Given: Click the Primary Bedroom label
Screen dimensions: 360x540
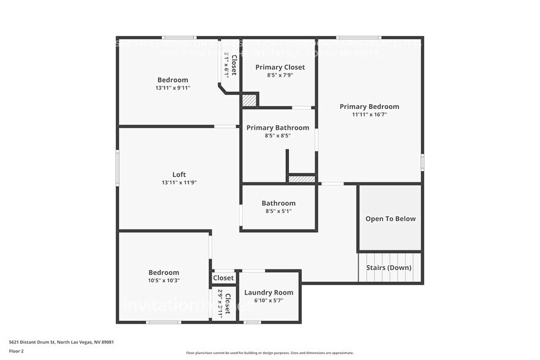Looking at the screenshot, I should tap(369, 107).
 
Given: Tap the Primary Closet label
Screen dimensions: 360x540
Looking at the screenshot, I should tap(280, 67).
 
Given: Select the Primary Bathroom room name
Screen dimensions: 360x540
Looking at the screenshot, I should tap(277, 128).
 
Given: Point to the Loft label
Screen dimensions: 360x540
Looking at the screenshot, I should tap(179, 174).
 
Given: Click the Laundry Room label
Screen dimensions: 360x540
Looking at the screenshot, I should tap(269, 293).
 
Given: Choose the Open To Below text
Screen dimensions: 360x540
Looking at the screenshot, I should tap(390, 219).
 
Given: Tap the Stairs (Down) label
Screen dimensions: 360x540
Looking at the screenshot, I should tap(389, 268).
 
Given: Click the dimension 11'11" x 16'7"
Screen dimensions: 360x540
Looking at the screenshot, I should tap(369, 114).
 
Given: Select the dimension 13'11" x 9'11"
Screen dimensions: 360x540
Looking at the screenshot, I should tap(173, 88).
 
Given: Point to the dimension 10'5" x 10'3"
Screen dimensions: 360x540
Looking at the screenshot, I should tap(163, 280).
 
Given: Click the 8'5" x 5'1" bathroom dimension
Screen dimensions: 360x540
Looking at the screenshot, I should tap(279, 211).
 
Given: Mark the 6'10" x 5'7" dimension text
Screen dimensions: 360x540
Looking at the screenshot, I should tap(269, 301).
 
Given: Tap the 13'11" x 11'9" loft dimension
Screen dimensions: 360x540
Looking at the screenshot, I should tap(179, 182).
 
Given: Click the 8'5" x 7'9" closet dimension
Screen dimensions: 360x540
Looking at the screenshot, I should tap(280, 75).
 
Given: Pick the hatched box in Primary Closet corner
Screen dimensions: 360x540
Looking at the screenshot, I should tap(249, 100).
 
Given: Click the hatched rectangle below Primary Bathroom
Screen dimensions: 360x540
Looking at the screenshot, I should tap(301, 179).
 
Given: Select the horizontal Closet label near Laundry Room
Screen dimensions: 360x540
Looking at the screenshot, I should tap(223, 278).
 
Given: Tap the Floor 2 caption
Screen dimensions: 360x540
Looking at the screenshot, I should tap(17, 351).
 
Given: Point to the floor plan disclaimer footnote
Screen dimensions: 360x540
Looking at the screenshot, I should tap(269, 353).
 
